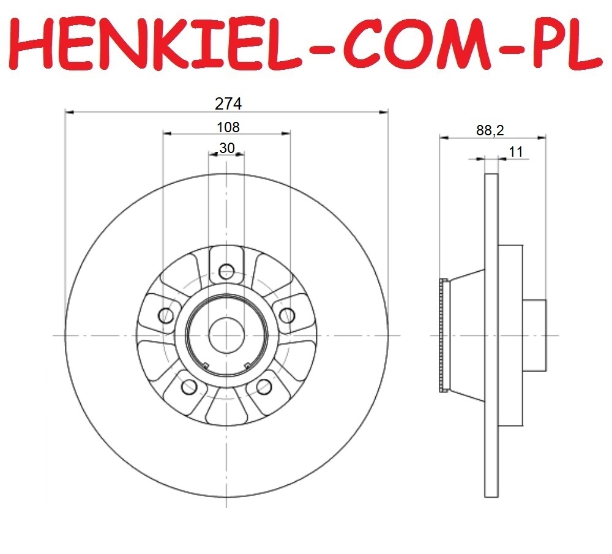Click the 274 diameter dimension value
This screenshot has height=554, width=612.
tap(228, 104)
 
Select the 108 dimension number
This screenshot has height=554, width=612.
tap(228, 127)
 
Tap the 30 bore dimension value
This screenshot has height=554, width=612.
tap(227, 148)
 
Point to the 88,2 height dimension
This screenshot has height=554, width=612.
tap(490, 130)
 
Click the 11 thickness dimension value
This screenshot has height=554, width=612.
tap(516, 151)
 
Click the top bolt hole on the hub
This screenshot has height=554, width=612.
tap(226, 271)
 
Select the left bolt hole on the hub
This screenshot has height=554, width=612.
tap(166, 315)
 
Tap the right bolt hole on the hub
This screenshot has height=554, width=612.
tap(287, 315)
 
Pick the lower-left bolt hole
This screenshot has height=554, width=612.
tap(189, 386)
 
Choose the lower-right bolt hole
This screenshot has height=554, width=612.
tap(264, 386)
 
